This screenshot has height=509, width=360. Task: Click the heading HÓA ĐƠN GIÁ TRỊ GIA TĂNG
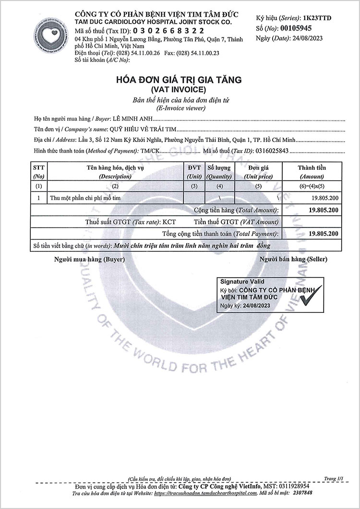[180, 80]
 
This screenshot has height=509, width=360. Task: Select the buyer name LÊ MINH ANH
[131, 118]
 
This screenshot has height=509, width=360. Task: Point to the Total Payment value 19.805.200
[323, 234]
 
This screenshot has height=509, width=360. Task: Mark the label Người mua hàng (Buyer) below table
[90, 259]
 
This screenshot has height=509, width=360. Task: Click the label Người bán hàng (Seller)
[293, 259]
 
